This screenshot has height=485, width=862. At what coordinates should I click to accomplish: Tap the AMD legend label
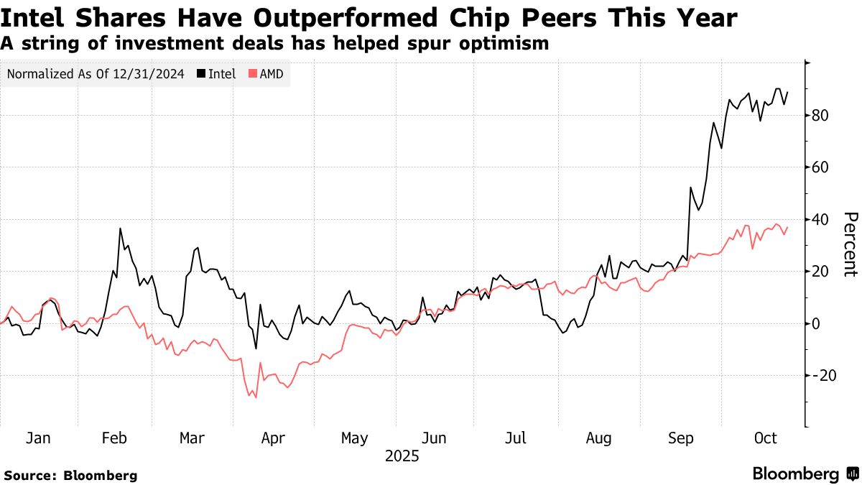[x=271, y=74]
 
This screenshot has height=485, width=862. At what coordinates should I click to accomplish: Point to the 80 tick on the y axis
[x=822, y=116]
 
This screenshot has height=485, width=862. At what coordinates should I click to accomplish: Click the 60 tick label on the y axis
[x=822, y=167]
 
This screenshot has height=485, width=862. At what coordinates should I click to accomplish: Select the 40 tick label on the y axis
[x=822, y=220]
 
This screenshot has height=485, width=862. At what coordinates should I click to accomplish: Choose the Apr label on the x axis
[x=274, y=438]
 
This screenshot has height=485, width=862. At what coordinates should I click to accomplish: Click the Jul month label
[x=516, y=438]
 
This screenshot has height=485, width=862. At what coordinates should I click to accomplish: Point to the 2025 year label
[x=402, y=456]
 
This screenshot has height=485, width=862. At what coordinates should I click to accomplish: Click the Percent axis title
[x=850, y=244]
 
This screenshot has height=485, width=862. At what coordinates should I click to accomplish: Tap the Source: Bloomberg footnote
[x=70, y=475]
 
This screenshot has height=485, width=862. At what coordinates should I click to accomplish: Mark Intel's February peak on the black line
[x=120, y=228]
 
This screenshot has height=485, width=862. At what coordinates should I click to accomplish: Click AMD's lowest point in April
[x=255, y=397]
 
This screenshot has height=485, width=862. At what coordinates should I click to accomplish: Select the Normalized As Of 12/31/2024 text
[x=96, y=74]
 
